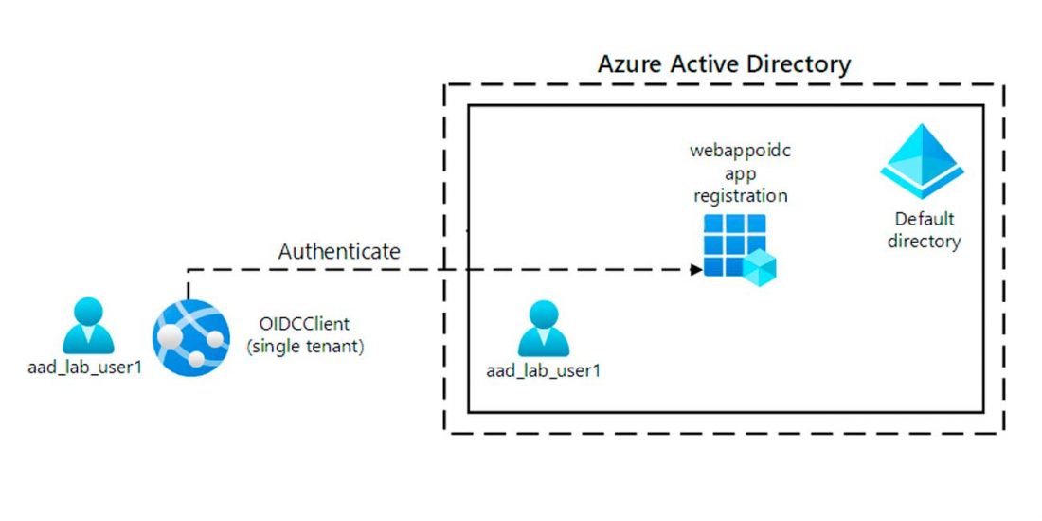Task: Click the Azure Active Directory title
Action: [724, 64]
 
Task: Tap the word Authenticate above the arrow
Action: [339, 252]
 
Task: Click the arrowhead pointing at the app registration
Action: [696, 269]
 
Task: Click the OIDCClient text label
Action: [305, 325]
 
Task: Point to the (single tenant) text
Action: [305, 347]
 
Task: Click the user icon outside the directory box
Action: [88, 326]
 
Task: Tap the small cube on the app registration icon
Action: [759, 269]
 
